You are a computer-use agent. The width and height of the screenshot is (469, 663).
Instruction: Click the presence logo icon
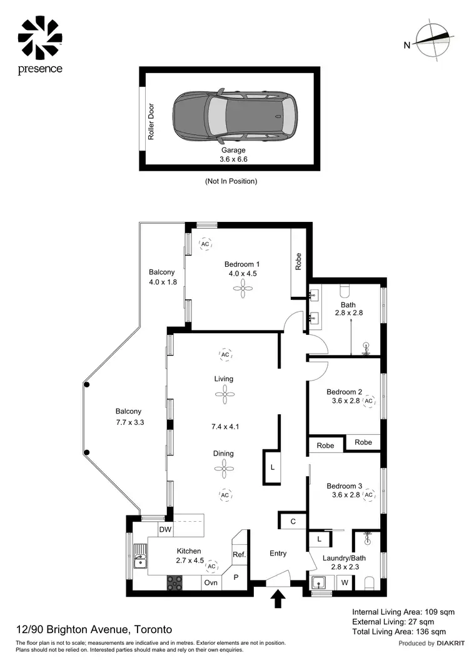[40, 37]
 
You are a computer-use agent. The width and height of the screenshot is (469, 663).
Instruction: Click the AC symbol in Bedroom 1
[205, 244]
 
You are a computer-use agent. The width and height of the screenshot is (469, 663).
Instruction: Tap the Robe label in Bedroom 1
[299, 261]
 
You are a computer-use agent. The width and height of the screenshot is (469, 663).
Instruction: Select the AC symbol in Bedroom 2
[368, 401]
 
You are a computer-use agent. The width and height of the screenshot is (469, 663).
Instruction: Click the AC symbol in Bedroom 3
[368, 495]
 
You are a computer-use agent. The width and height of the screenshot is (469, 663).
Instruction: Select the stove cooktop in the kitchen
[174, 582]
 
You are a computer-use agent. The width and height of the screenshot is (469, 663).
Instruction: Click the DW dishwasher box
[164, 530]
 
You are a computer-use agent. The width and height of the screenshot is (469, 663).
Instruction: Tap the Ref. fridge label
[238, 554]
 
